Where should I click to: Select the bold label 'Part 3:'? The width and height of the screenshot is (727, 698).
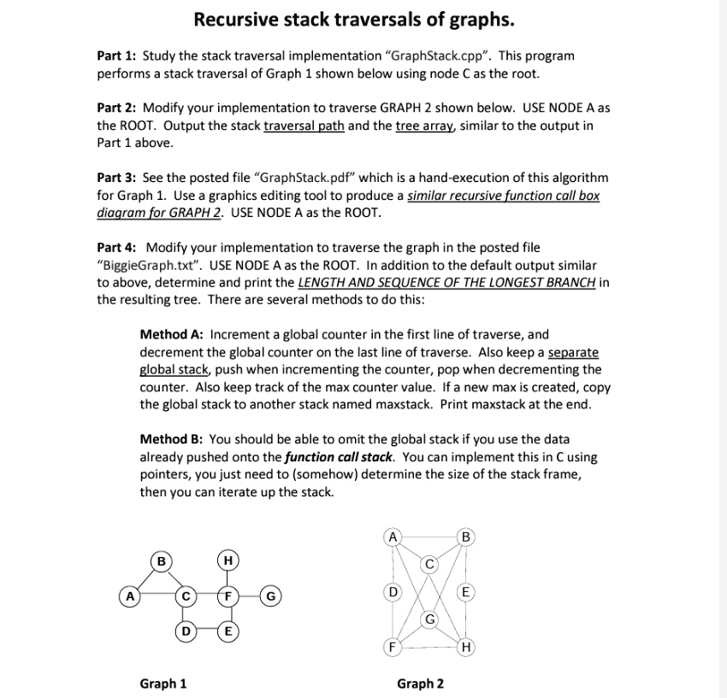(117, 178)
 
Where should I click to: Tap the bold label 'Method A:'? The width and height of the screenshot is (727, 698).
(173, 335)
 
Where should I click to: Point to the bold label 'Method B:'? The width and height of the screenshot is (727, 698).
(173, 439)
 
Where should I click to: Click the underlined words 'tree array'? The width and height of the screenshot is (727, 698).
(426, 126)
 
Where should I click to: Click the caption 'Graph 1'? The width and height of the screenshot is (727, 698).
(163, 683)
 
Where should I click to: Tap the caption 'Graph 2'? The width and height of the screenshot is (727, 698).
(420, 683)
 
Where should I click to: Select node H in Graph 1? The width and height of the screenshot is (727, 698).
(227, 560)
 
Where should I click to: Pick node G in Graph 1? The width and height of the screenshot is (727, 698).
(269, 595)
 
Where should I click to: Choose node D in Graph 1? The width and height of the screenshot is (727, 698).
(184, 631)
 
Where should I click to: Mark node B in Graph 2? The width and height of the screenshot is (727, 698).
(465, 537)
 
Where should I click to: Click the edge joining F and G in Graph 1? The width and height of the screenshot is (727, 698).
(248, 595)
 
